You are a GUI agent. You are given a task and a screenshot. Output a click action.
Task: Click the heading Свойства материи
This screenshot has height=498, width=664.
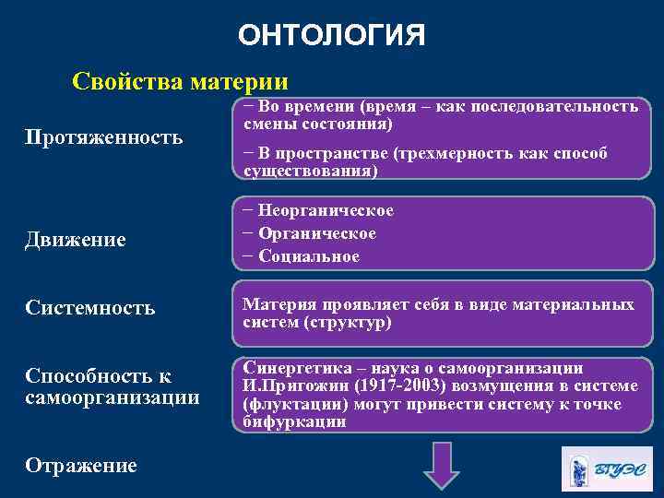tap(180, 81)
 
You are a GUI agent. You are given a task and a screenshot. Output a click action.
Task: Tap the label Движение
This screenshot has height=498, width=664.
tap(76, 241)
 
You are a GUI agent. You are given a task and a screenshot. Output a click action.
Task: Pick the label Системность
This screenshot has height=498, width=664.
tap(90, 307)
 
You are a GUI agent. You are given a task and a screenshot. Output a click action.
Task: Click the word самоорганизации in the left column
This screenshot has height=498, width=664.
tap(113, 397)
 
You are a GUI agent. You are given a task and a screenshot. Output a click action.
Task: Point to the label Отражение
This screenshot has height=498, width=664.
tap(81, 466)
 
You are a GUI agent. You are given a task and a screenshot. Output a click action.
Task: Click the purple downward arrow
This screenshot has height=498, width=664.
tap(441, 466)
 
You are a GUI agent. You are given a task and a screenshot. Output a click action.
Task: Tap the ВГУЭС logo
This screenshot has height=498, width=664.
tap(606, 468)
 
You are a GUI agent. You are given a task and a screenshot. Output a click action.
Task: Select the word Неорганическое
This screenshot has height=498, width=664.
tap(326, 210)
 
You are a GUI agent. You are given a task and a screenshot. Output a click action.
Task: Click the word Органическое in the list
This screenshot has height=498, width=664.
tap(317, 233)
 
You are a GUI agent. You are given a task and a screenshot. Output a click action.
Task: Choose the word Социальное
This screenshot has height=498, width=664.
tap(309, 256)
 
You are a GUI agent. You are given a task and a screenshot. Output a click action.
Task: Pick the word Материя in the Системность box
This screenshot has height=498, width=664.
tap(275, 304)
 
